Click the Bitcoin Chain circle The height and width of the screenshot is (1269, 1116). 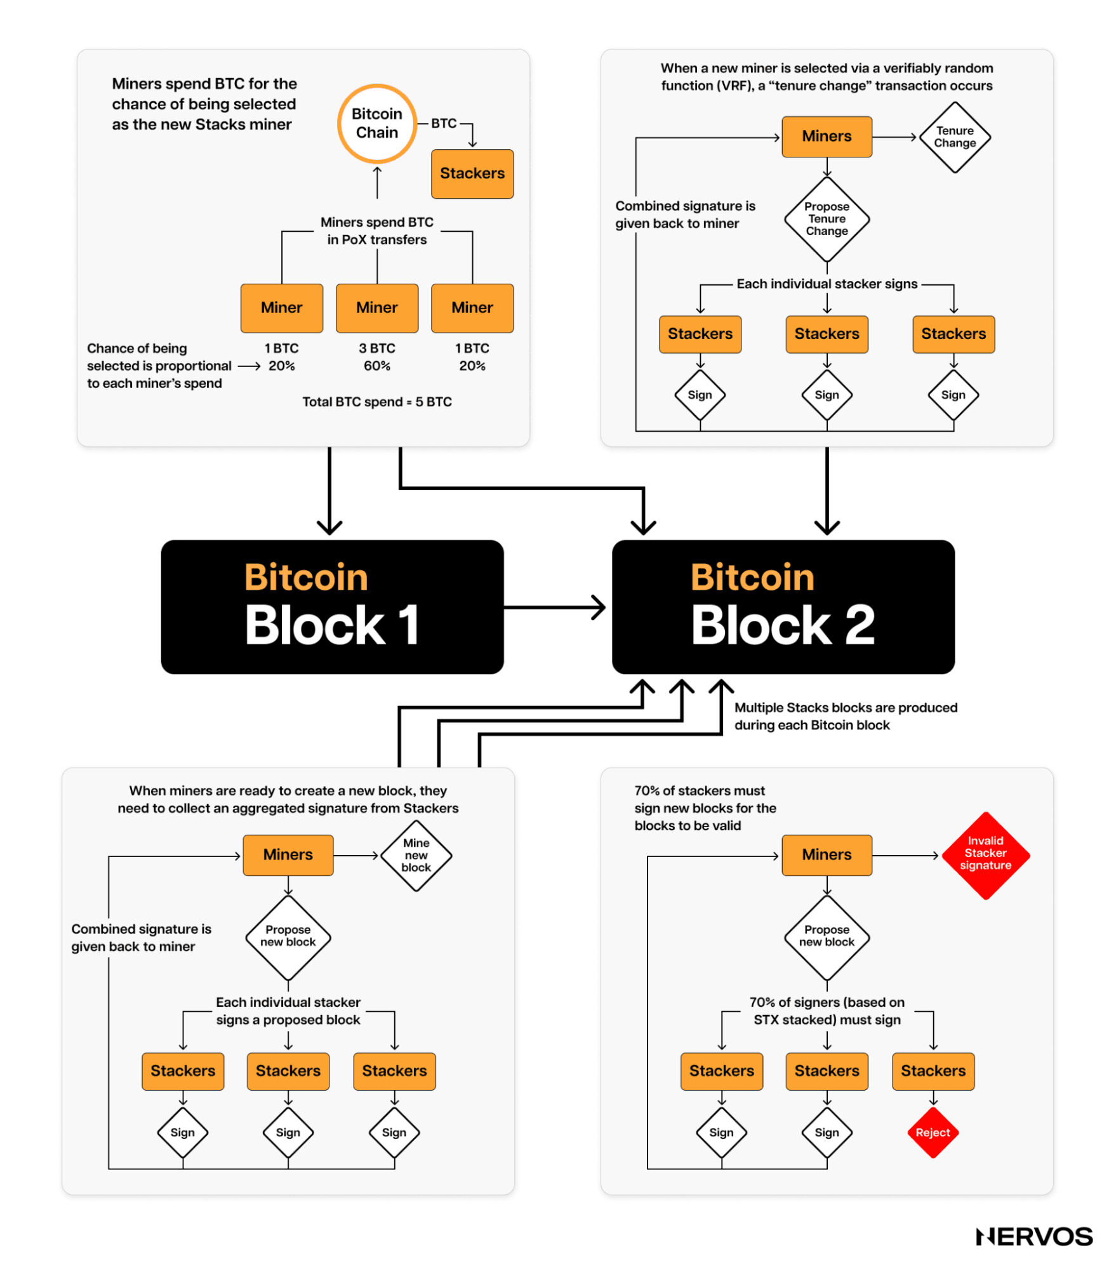tap(376, 124)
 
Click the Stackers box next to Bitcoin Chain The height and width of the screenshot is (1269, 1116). tap(472, 173)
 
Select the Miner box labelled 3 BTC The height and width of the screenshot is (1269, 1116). tap(376, 308)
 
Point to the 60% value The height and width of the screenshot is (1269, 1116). tap(376, 366)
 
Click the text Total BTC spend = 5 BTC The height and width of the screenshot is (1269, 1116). tap(376, 402)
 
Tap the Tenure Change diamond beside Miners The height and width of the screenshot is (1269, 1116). tap(954, 137)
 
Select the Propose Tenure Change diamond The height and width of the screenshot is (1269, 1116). tap(827, 219)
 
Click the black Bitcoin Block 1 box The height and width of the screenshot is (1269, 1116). tap(332, 607)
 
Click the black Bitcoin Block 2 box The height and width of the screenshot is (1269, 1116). tap(783, 607)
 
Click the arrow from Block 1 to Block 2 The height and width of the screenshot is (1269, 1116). tap(554, 608)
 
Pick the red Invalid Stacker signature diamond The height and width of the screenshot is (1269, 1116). tap(985, 854)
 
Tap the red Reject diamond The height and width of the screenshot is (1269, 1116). tap(933, 1133)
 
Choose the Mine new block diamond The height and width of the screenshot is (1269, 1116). tap(416, 855)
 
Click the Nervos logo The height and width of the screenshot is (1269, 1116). tap(1034, 1237)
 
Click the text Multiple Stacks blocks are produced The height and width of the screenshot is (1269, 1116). tap(846, 708)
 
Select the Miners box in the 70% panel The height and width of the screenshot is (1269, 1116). tap(827, 855)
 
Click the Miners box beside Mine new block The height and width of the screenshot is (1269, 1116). tap(288, 855)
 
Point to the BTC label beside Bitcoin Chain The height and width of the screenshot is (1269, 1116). tap(444, 123)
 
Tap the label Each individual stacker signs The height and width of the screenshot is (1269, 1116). tap(827, 284)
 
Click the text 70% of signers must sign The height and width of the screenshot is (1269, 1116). tap(827, 1011)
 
